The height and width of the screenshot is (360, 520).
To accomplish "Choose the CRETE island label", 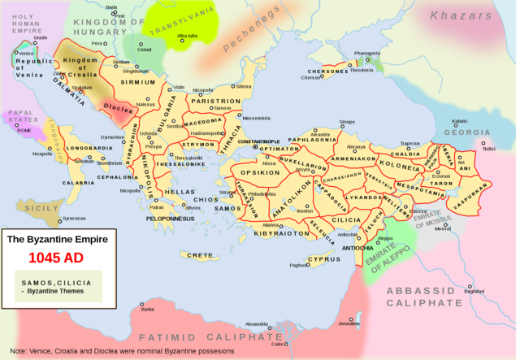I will pos(200,255).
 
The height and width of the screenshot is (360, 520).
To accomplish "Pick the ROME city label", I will pos(24,130).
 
